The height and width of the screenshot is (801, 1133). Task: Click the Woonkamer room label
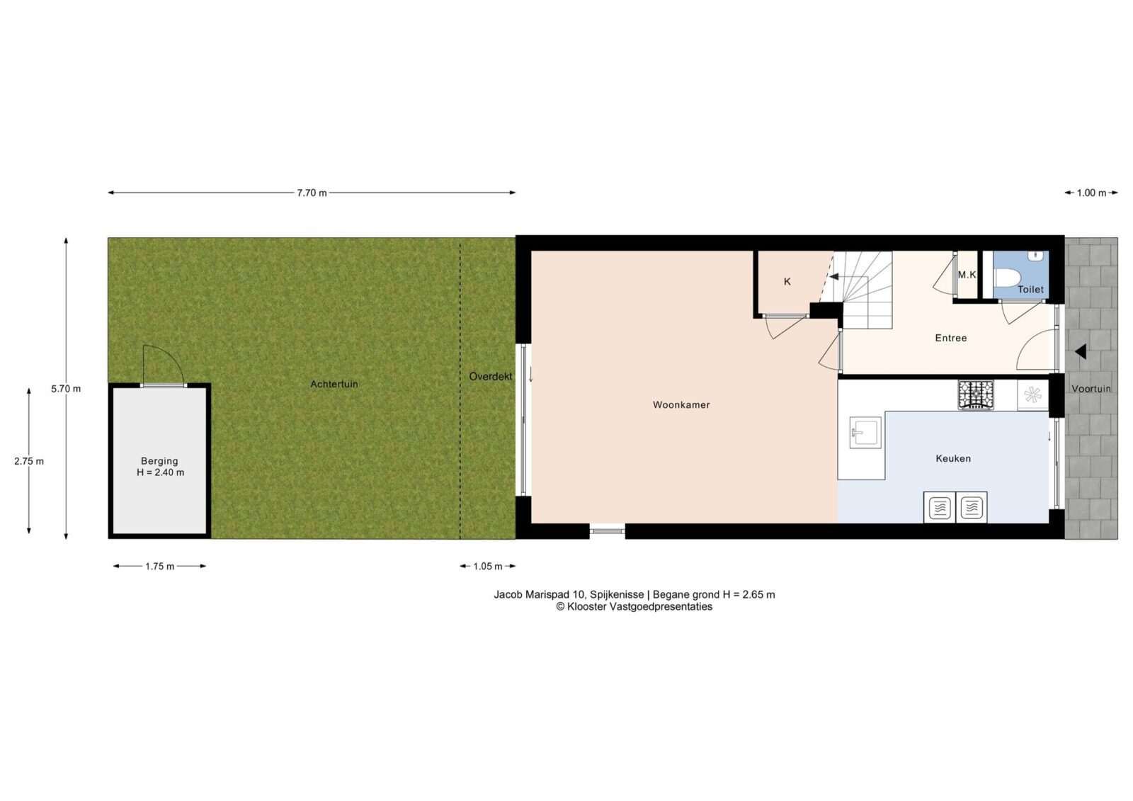coord(681,405)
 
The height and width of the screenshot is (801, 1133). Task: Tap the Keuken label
coord(953,458)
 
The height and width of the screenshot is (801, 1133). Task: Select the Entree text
coord(950,338)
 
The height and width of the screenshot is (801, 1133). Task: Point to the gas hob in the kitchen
coord(976,394)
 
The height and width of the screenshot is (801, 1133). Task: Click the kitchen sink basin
coord(865,433)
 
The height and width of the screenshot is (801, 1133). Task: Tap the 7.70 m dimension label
coord(312,193)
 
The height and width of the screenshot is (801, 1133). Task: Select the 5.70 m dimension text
coord(66,389)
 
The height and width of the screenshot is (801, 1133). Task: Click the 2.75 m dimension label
coord(29,461)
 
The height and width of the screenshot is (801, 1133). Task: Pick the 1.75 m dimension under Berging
coord(160,566)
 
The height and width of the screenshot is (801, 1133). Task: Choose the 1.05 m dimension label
coord(488,566)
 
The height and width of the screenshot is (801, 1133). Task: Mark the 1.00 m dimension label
coord(1091,193)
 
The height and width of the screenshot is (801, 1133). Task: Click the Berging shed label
coord(160,466)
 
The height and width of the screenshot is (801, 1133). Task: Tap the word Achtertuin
coord(334,384)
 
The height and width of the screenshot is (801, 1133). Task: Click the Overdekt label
coord(490,377)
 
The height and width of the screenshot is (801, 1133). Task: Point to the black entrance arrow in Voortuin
coord(1081,352)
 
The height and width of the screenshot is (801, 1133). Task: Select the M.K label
coord(967,275)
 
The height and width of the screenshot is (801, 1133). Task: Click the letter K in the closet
coord(787,282)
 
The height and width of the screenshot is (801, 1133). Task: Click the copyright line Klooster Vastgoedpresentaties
coord(634,607)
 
